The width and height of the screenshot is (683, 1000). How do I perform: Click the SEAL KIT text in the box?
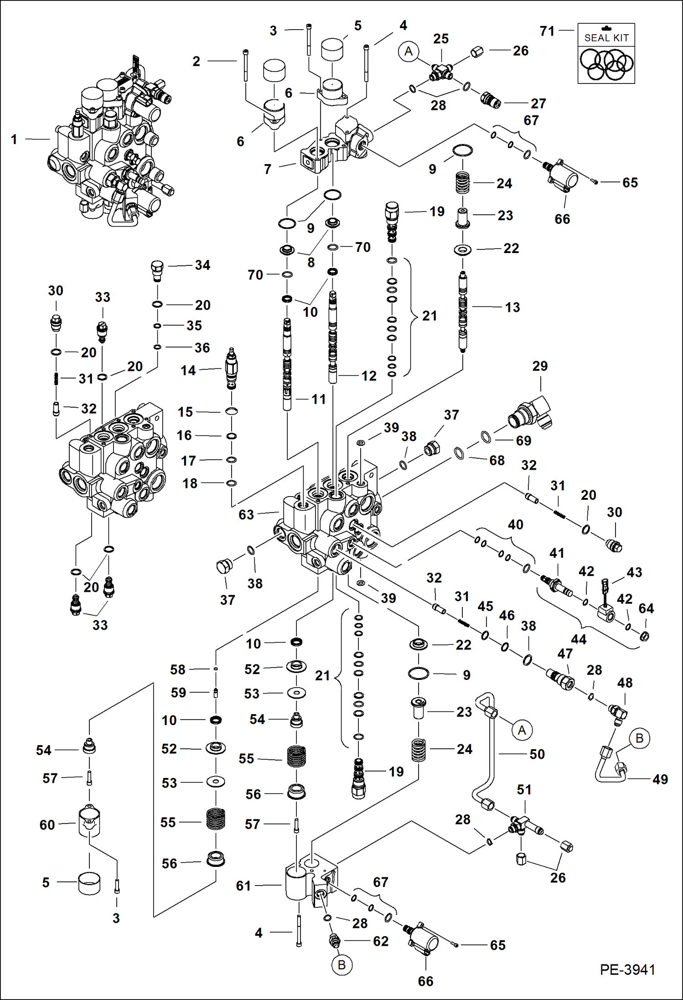click(606, 38)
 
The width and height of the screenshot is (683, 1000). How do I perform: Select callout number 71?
click(547, 31)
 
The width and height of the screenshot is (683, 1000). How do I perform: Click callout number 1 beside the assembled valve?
click(14, 139)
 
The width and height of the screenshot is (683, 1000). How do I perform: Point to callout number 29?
click(540, 366)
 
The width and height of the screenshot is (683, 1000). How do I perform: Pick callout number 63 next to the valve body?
click(246, 514)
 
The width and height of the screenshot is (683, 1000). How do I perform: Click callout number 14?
click(188, 370)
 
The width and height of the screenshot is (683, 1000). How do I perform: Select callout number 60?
click(47, 824)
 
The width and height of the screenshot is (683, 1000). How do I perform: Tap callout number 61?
click(243, 886)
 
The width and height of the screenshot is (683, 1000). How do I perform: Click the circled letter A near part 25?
click(409, 51)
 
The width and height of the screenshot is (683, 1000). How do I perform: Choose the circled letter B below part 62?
click(341, 965)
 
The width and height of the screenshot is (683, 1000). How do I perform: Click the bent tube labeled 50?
click(493, 757)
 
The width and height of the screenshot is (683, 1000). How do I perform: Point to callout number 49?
click(660, 779)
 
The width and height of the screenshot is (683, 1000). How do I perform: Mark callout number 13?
click(512, 307)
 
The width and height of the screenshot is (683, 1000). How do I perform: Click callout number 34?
click(202, 265)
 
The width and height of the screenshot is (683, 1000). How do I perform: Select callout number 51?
click(524, 789)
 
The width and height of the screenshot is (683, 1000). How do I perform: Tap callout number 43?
click(634, 572)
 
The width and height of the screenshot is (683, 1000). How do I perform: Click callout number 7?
click(268, 169)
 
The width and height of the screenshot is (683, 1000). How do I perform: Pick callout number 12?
click(369, 376)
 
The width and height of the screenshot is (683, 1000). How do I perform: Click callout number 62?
click(381, 941)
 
